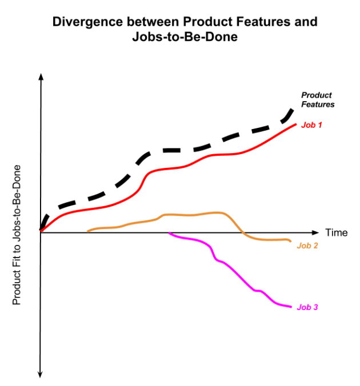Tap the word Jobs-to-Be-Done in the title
click(185, 37)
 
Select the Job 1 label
click(312, 124)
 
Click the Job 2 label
click(307, 246)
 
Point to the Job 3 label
click(307, 307)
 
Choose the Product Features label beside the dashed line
click(317, 100)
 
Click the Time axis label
click(337, 233)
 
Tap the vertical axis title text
click(17, 235)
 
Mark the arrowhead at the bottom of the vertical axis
click(41, 374)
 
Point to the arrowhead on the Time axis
click(315, 233)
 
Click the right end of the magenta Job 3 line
click(291, 307)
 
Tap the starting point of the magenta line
click(169, 234)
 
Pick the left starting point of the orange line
click(88, 231)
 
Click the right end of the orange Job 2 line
click(290, 242)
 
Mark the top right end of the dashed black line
click(293, 108)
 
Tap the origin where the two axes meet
click(41, 232)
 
